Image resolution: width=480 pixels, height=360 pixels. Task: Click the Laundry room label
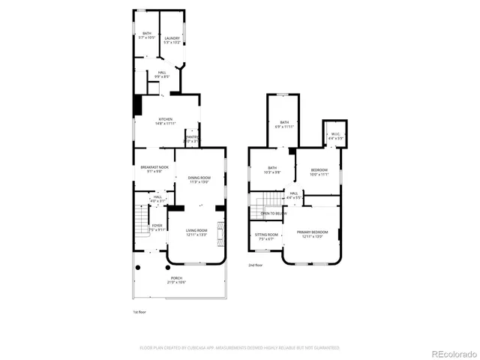click(x=172, y=40)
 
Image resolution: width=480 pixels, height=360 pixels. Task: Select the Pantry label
click(x=192, y=138)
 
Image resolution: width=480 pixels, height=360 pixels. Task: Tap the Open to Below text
click(x=273, y=214)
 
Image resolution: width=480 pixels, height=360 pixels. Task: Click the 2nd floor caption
click(x=256, y=265)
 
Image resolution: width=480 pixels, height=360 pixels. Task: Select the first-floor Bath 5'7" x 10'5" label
click(x=147, y=35)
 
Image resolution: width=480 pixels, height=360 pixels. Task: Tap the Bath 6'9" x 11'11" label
click(x=284, y=124)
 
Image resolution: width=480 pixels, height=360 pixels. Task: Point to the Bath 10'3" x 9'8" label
click(x=271, y=170)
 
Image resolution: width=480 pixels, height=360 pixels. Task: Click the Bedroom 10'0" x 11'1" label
click(x=319, y=172)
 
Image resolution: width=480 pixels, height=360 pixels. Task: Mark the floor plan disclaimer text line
click(x=240, y=347)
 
